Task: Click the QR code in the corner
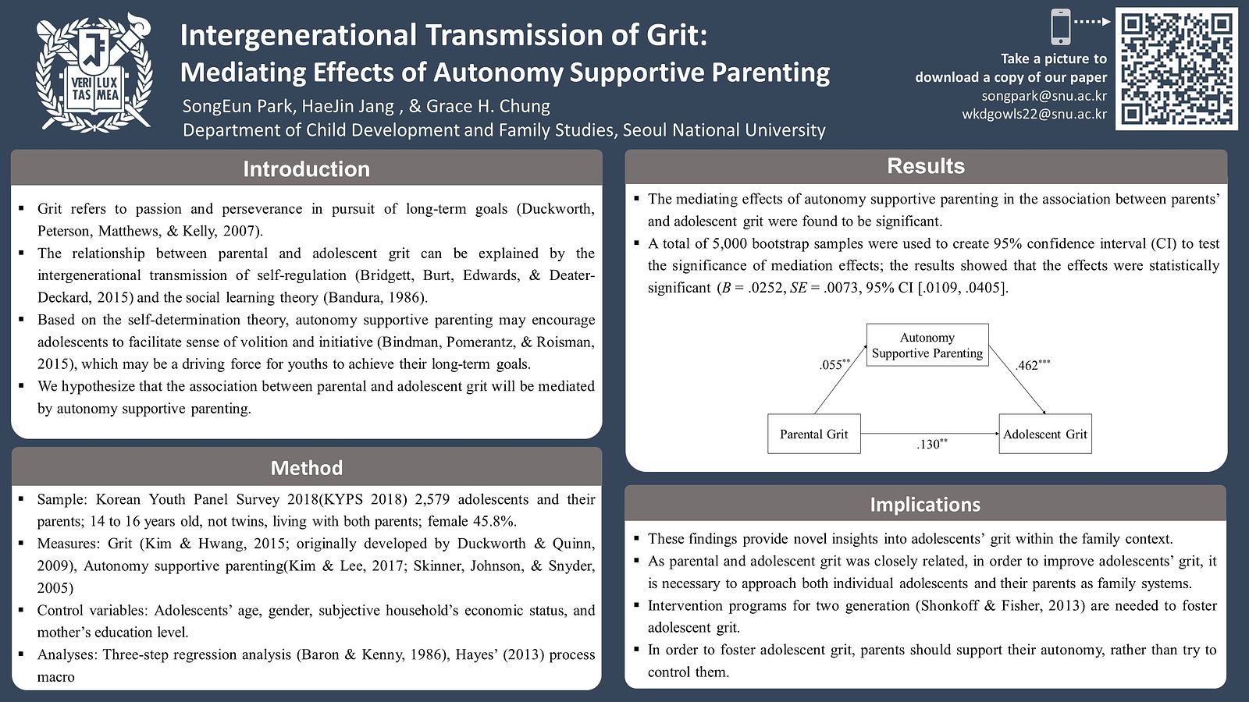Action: (1176, 69)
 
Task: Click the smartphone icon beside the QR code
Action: (1060, 27)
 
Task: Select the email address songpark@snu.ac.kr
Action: (1044, 96)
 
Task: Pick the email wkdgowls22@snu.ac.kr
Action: (1034, 114)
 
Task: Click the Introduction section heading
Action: (306, 168)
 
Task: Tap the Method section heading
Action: (306, 467)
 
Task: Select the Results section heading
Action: (926, 166)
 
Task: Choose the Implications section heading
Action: (925, 505)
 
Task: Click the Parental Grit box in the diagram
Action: (813, 434)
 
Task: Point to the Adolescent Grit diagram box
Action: (1044, 434)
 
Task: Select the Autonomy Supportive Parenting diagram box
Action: (927, 345)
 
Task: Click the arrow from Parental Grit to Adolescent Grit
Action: (929, 433)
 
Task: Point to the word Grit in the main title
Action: (676, 35)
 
